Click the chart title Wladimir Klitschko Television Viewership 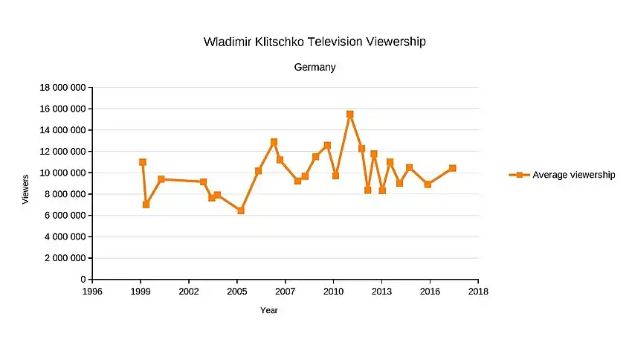point(315,42)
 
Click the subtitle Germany point(315,67)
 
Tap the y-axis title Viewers point(26,189)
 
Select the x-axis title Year point(269,310)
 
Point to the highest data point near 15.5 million point(349,115)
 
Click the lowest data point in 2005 point(241,210)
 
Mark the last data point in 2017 point(452,168)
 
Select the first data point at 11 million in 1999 point(143,162)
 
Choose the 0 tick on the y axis point(83,280)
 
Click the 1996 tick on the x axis point(92,291)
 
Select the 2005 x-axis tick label point(237,291)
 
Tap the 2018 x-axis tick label point(478,291)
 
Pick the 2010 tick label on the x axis point(334,291)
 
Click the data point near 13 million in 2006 point(274,142)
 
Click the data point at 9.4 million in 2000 point(161,179)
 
